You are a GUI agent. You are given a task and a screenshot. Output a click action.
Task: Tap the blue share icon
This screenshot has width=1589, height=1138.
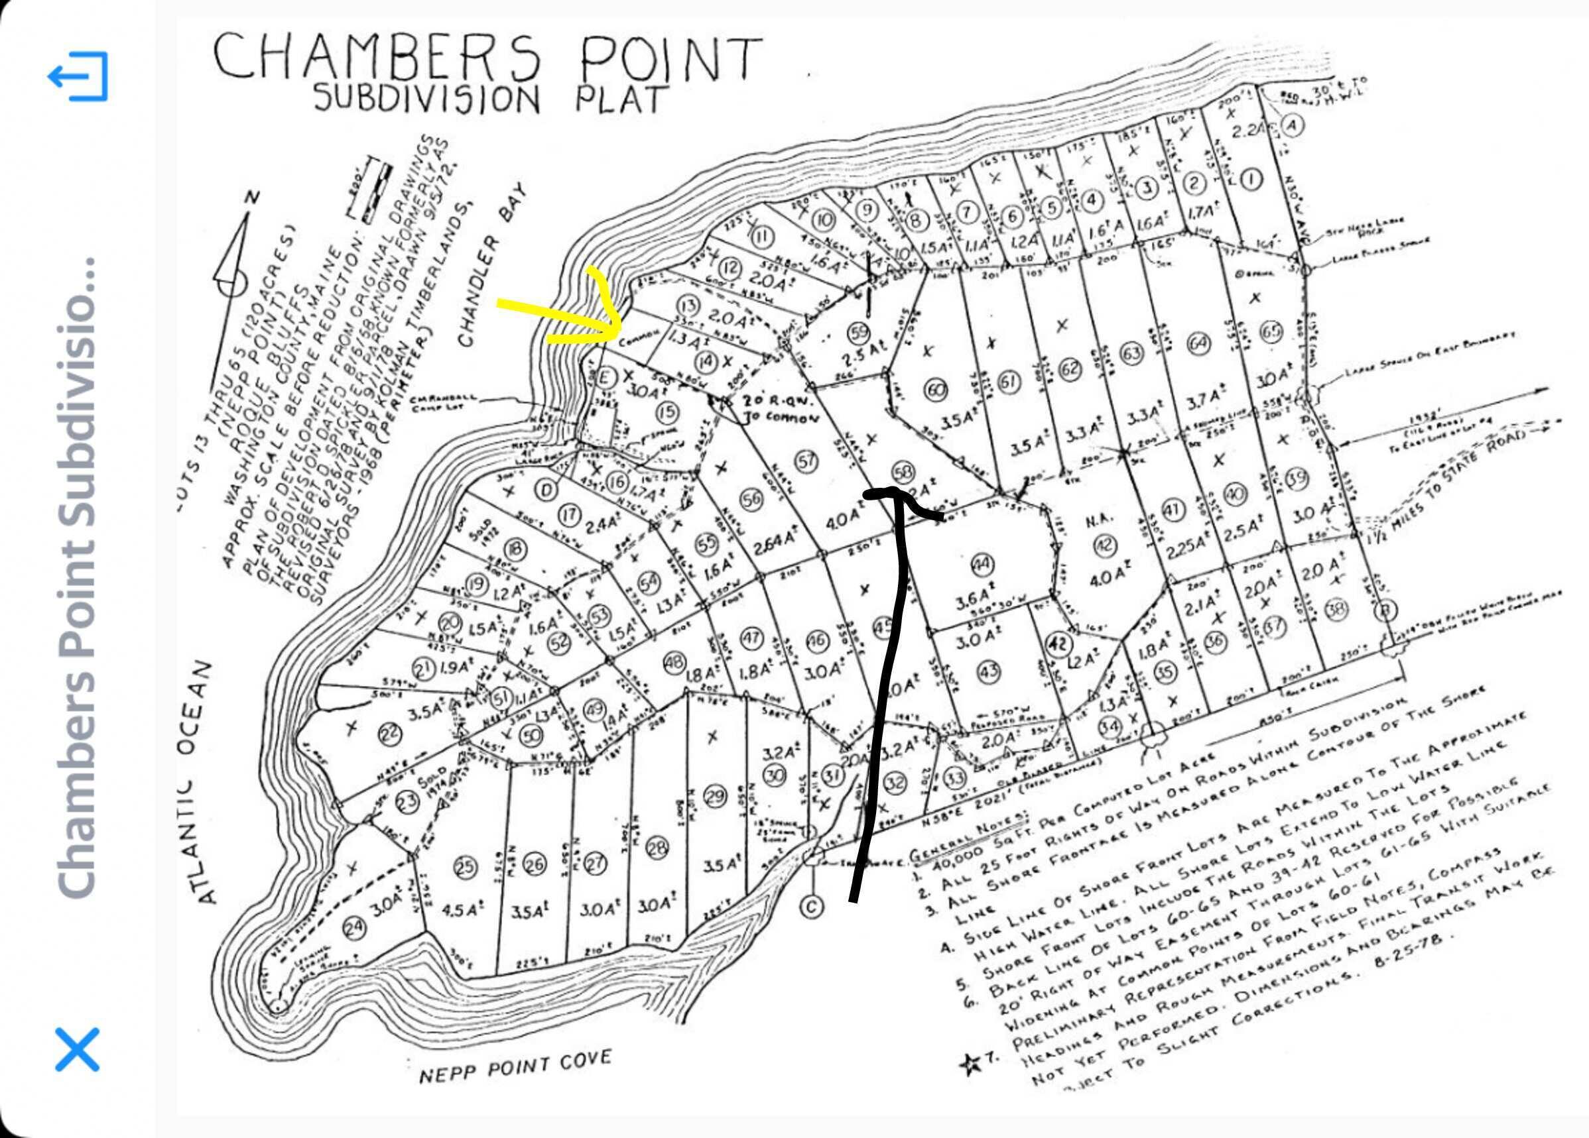coord(78,76)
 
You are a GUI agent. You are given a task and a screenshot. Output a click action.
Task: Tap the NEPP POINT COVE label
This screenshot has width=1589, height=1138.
coord(515,1066)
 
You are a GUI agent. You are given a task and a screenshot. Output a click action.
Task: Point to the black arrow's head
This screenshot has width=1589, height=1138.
coord(893,492)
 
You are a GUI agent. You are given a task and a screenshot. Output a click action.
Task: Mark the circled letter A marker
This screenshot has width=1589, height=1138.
coord(1292,125)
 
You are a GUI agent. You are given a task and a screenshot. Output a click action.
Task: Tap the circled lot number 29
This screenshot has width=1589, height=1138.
coord(714,796)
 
